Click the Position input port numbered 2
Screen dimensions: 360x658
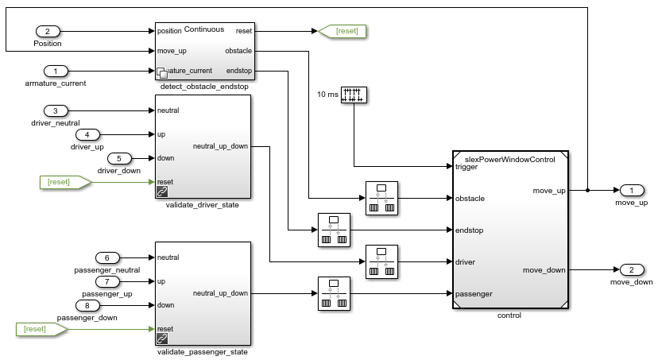click(48, 31)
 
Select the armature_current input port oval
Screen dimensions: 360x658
click(56, 71)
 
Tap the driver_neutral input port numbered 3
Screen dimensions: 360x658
click(56, 110)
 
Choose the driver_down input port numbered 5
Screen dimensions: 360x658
click(118, 158)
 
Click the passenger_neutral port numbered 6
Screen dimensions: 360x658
click(106, 257)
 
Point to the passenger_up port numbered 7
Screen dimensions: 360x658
click(106, 281)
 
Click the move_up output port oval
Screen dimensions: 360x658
click(631, 191)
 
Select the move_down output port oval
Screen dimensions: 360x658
click(631, 269)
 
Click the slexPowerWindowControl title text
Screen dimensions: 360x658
click(509, 160)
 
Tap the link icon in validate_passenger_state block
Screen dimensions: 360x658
click(163, 339)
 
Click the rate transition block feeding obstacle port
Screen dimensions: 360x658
click(380, 198)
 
